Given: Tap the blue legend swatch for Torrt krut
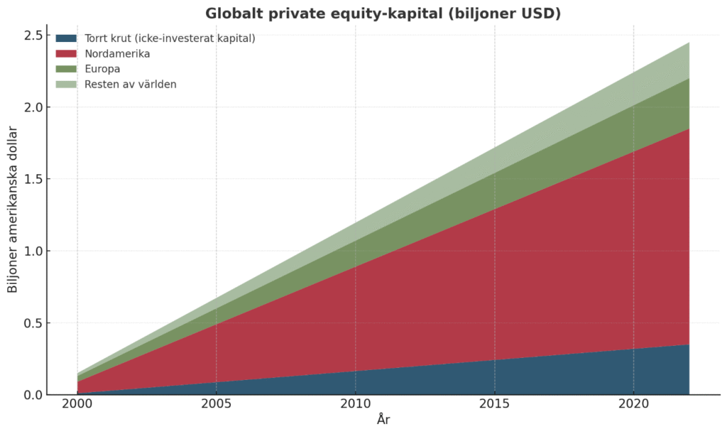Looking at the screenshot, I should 66,38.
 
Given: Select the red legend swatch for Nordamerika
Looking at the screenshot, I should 66,53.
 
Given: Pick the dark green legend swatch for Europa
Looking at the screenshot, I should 66,69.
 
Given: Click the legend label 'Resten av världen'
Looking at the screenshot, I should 130,85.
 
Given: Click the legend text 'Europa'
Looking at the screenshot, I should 102,69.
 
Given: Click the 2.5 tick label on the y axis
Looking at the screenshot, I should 32,35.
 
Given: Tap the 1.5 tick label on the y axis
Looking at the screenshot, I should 32,179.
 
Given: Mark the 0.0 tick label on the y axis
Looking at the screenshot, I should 32,395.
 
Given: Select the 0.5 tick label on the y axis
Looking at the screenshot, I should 32,323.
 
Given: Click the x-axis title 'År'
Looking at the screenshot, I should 383,420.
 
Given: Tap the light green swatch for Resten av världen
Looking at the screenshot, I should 66,85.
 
